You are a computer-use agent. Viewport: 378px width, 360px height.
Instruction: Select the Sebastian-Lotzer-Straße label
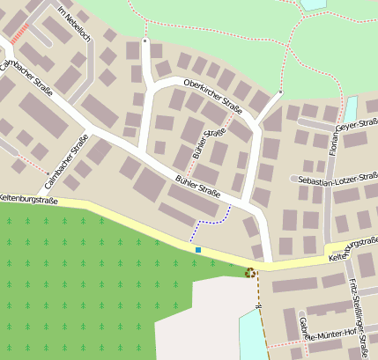coord(337,180)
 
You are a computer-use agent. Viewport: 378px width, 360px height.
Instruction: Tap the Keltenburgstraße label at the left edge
coord(28,201)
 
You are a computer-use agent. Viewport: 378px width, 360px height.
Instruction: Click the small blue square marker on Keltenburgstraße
coord(198,251)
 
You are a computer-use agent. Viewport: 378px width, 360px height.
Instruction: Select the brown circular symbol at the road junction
coord(251,273)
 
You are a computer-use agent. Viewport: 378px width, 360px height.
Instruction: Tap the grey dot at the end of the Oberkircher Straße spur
coord(145,40)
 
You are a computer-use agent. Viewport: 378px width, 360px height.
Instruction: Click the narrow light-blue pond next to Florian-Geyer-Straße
coord(350,109)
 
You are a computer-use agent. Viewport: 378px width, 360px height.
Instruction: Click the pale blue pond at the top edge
coord(313,4)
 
